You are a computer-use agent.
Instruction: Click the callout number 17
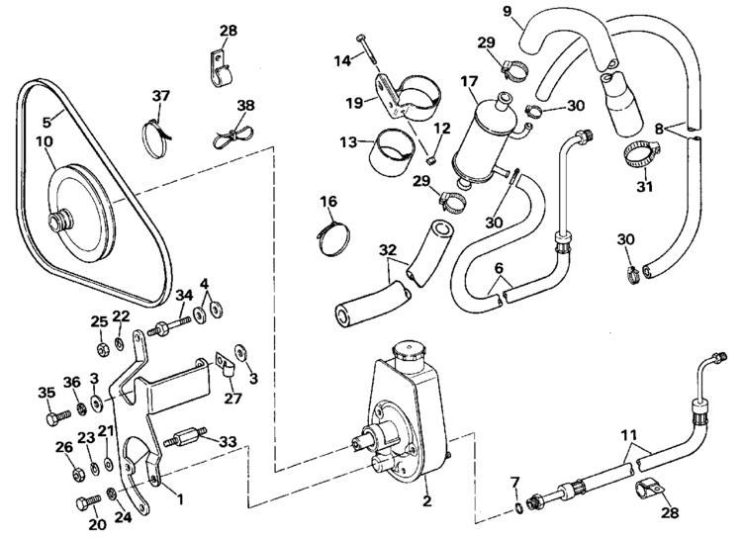(x=469, y=81)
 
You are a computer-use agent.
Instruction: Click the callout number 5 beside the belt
(x=46, y=122)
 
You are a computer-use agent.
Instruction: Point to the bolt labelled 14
(x=366, y=48)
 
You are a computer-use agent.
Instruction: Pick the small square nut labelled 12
(x=429, y=161)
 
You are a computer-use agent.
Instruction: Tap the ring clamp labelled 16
(x=333, y=236)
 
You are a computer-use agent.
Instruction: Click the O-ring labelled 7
(x=519, y=508)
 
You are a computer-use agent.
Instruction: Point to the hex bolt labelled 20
(x=88, y=501)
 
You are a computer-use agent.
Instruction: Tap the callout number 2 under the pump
(x=426, y=500)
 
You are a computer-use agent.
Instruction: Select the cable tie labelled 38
(x=232, y=136)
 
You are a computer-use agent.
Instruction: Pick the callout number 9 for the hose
(x=508, y=11)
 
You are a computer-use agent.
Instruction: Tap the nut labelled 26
(x=77, y=473)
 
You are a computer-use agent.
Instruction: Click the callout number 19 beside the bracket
(x=354, y=102)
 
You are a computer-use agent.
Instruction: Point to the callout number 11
(x=629, y=435)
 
